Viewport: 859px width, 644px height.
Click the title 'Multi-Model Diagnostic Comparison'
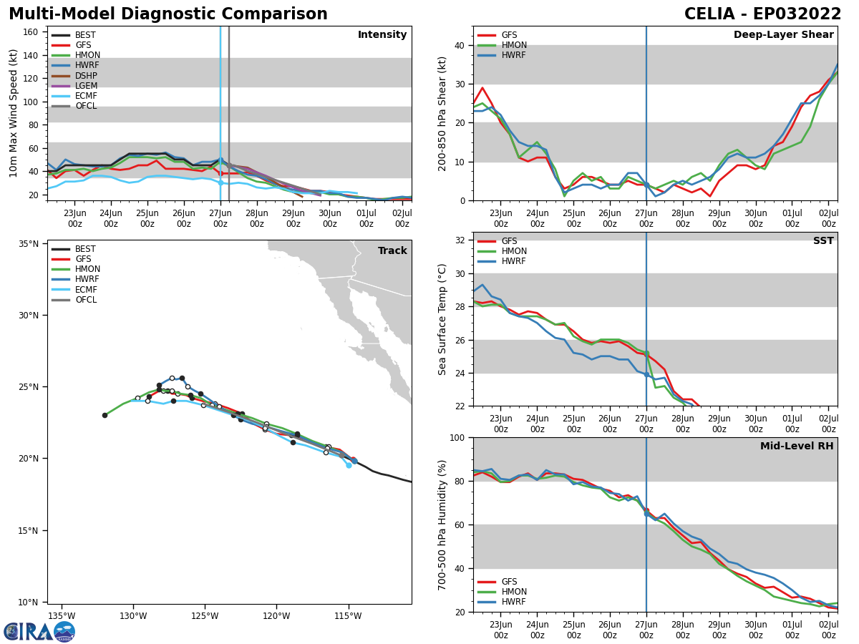[168, 14]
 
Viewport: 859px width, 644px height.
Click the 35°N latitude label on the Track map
[28, 244]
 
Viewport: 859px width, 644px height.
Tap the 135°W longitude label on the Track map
[62, 616]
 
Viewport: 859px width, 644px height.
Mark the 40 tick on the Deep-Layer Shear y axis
[460, 45]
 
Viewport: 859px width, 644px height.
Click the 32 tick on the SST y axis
[460, 240]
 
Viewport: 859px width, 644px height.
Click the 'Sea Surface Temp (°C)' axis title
[443, 319]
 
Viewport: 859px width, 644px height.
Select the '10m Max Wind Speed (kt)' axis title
[14, 113]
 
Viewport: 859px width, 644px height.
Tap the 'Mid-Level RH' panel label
[796, 447]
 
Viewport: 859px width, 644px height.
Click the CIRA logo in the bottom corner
[39, 632]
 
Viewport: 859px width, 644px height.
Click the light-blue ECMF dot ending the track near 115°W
[349, 465]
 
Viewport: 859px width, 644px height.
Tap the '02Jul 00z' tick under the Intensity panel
[402, 218]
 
